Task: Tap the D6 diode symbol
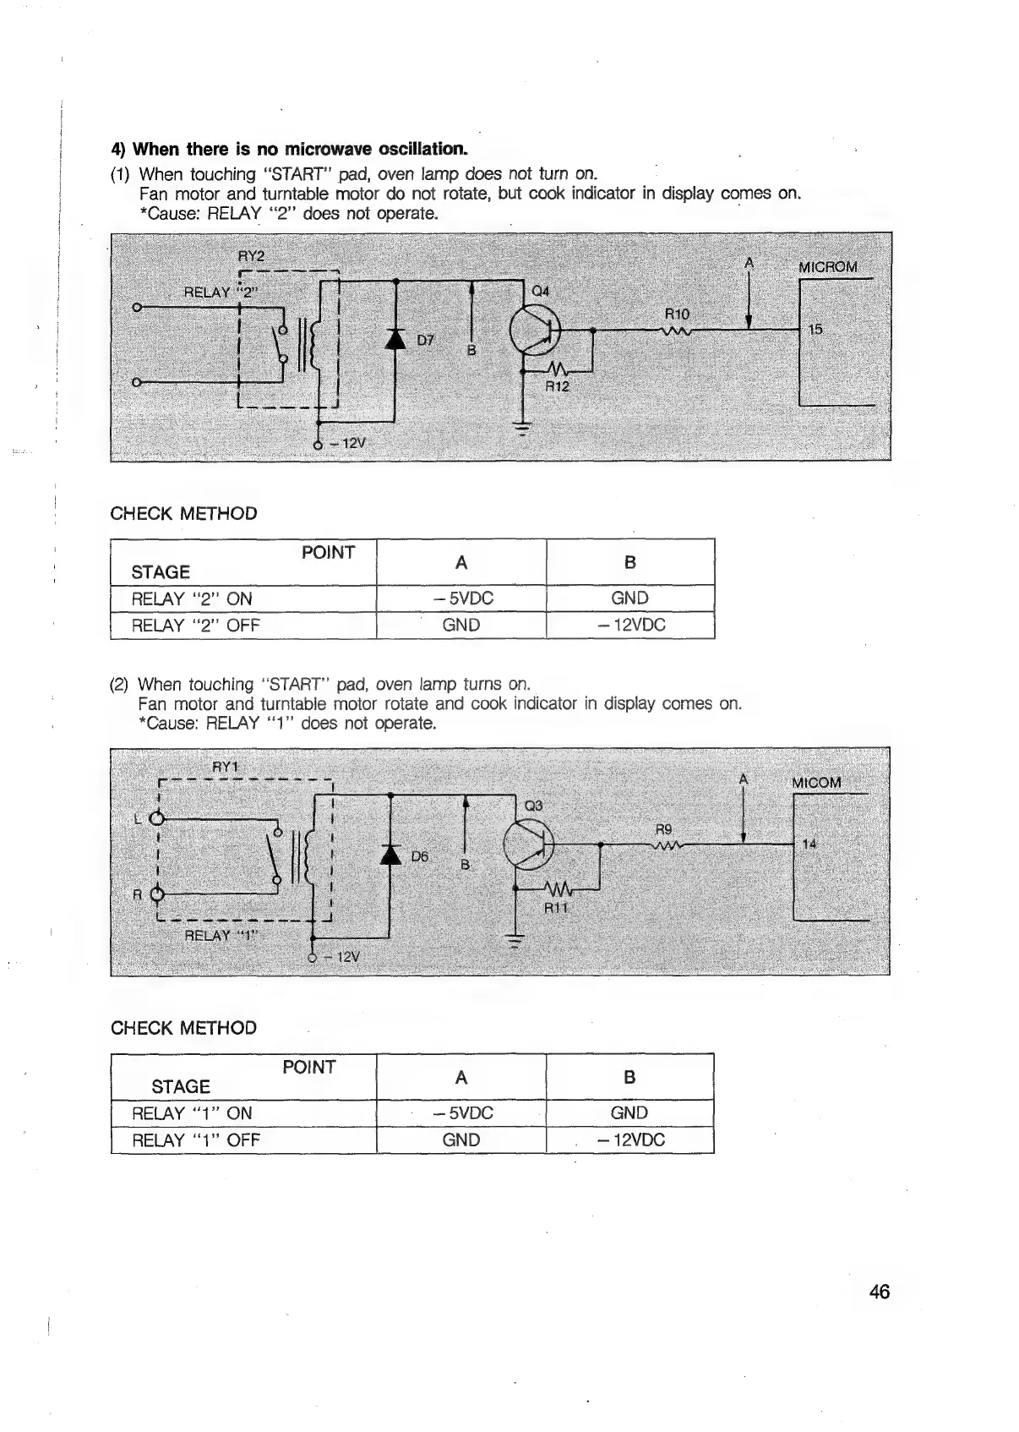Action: pyautogui.click(x=390, y=854)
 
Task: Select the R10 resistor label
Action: pyautogui.click(x=678, y=314)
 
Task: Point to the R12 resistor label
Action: pyautogui.click(x=557, y=386)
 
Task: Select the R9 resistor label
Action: pyautogui.click(x=664, y=829)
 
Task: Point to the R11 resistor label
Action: pyautogui.click(x=557, y=908)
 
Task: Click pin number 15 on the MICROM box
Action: pyautogui.click(x=815, y=329)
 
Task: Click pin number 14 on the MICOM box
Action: pyautogui.click(x=809, y=844)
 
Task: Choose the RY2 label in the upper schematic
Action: pyautogui.click(x=251, y=256)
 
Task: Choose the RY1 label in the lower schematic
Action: pyautogui.click(x=226, y=767)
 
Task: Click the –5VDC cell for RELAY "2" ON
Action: pyautogui.click(x=461, y=598)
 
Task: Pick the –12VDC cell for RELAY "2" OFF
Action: pyautogui.click(x=630, y=625)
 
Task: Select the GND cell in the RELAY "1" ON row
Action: pyautogui.click(x=629, y=1112)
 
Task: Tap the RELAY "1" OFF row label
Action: pyautogui.click(x=196, y=1140)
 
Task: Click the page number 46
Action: pyautogui.click(x=879, y=1292)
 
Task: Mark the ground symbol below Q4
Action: pyautogui.click(x=521, y=428)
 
